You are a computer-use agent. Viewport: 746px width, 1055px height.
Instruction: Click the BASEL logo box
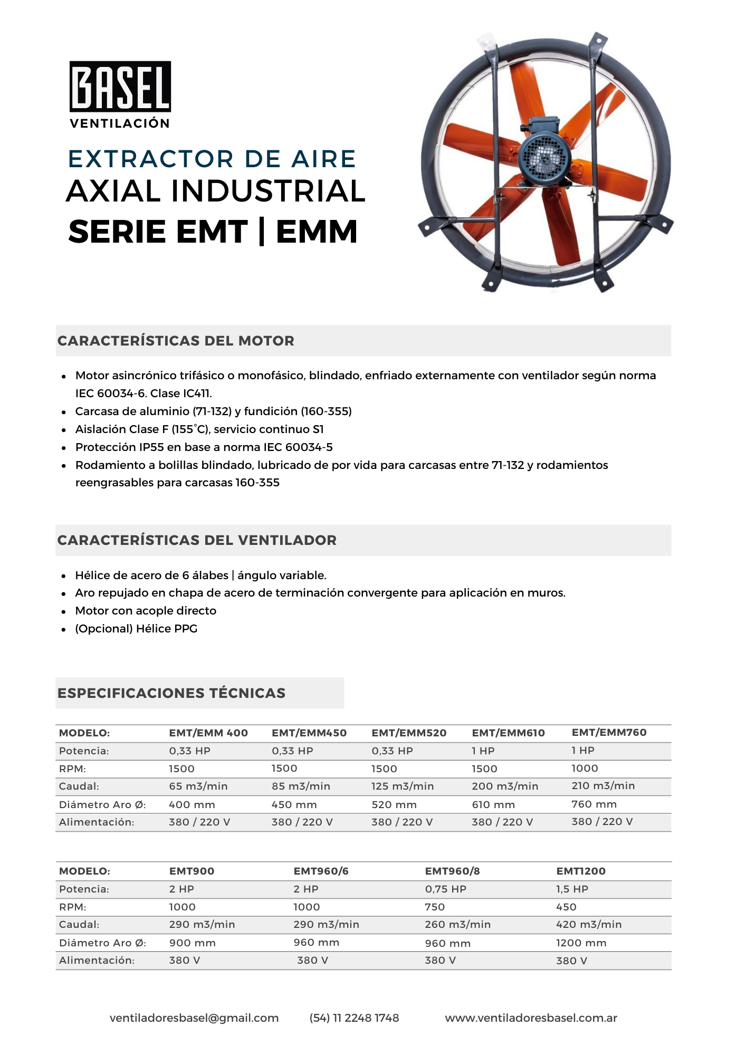(x=120, y=87)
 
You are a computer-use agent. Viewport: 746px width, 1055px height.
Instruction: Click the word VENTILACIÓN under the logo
(x=120, y=123)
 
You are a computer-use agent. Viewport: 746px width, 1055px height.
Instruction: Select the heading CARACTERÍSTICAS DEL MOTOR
(x=176, y=341)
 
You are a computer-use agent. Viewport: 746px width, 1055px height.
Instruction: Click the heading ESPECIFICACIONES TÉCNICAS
(x=171, y=693)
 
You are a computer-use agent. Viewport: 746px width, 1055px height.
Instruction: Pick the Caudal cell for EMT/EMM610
(x=505, y=787)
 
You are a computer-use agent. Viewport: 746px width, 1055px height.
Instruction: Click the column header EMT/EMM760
(x=609, y=732)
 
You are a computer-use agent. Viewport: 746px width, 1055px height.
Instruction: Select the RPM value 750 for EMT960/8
(x=435, y=907)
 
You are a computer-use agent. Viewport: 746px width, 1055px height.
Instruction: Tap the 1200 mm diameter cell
(x=581, y=943)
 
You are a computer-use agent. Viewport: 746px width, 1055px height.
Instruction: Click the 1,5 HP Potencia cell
(x=572, y=889)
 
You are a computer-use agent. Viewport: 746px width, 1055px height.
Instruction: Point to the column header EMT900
(x=192, y=871)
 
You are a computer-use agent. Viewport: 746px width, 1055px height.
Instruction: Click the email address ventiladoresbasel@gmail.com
(x=194, y=1018)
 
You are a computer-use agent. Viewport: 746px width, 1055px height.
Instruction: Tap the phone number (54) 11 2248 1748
(x=354, y=1018)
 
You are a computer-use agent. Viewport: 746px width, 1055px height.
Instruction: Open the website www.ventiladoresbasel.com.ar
(x=531, y=1018)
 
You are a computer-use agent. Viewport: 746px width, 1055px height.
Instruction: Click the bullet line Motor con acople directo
(x=146, y=611)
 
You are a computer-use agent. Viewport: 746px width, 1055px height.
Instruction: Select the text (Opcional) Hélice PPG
(x=136, y=629)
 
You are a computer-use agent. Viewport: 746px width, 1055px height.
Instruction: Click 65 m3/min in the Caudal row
(x=198, y=787)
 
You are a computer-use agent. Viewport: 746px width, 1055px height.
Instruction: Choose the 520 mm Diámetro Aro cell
(x=394, y=805)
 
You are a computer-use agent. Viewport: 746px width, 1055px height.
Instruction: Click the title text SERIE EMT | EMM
(x=213, y=232)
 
